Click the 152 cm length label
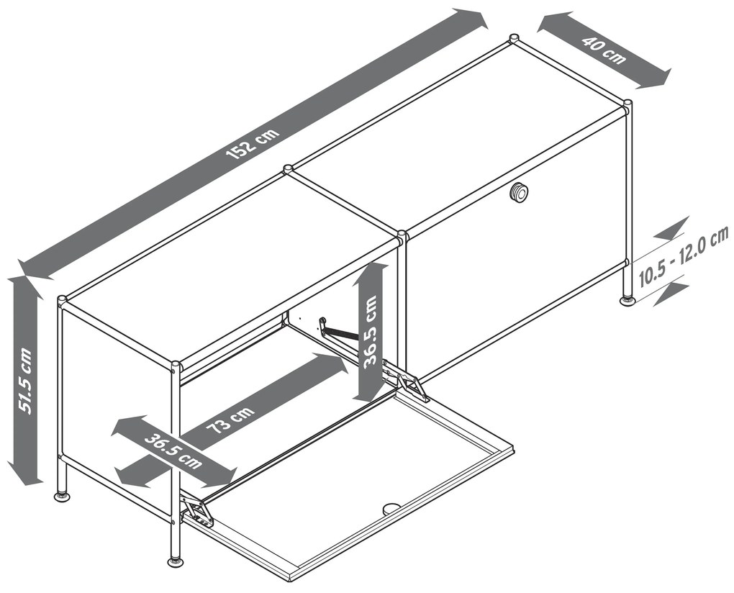click(x=253, y=142)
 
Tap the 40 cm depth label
click(x=604, y=50)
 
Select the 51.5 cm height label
click(x=24, y=380)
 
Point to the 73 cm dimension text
click(x=230, y=420)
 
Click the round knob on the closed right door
click(x=519, y=192)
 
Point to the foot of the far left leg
click(x=61, y=494)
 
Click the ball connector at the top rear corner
click(x=514, y=38)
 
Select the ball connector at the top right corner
click(x=627, y=104)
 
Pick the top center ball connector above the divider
click(x=287, y=168)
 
